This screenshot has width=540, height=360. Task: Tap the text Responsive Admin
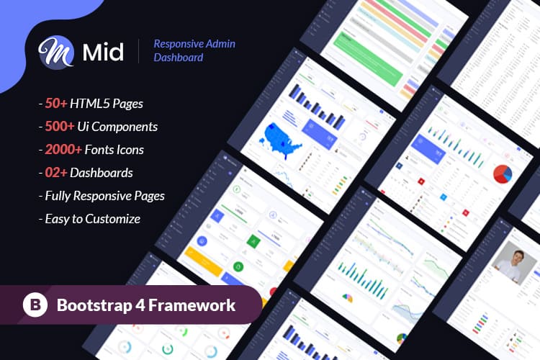(194, 44)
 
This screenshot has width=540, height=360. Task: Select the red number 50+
(58, 103)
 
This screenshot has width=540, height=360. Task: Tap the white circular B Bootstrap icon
(34, 305)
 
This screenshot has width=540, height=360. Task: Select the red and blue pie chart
(502, 174)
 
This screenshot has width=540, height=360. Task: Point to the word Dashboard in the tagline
(178, 58)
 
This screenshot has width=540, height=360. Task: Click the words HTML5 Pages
(112, 103)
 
